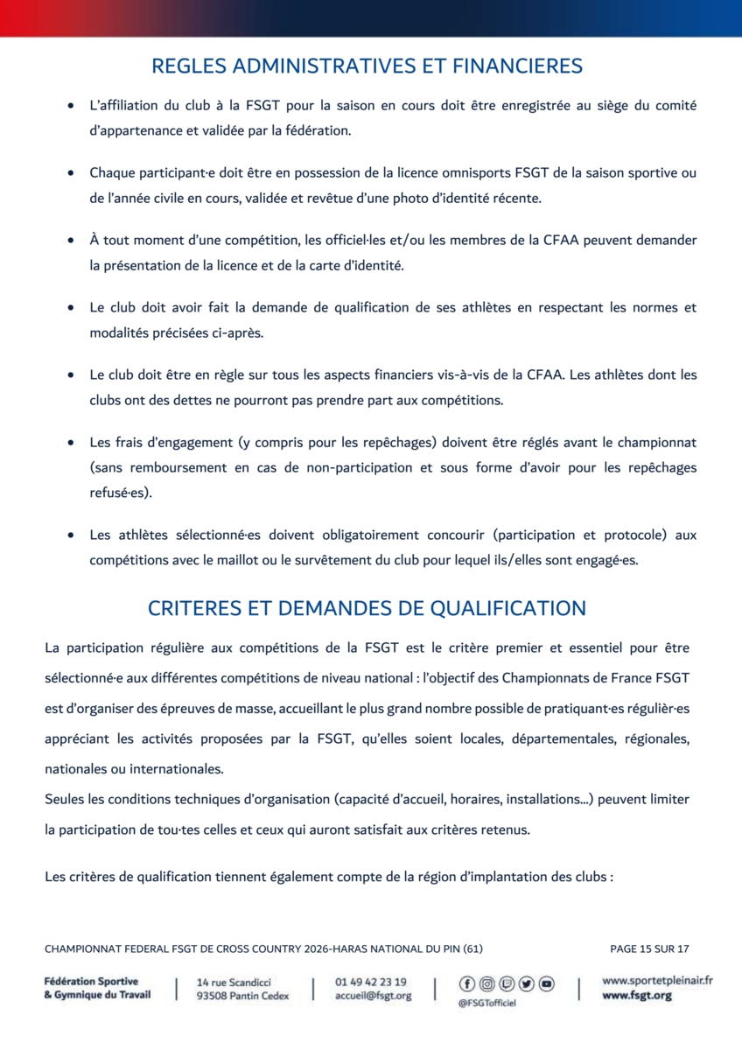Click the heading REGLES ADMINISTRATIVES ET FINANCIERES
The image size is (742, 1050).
[367, 66]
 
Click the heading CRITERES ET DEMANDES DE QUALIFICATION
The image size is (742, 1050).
[367, 608]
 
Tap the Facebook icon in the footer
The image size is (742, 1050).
[467, 984]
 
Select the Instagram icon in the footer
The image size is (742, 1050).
[487, 984]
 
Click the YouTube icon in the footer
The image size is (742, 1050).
[547, 984]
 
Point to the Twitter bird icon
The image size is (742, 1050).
[527, 984]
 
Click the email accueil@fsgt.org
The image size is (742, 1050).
[373, 996]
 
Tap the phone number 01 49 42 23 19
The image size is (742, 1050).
[371, 982]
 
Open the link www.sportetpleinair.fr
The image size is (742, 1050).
[657, 981]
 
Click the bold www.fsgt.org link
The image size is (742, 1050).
[637, 996]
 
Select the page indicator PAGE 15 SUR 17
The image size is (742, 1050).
[649, 948]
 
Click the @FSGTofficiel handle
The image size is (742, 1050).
[486, 1004]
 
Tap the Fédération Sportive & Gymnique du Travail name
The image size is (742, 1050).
[97, 988]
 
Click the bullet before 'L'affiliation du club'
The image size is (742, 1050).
[70, 106]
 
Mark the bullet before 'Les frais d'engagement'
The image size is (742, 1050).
[70, 444]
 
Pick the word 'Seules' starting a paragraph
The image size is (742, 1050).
[65, 800]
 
